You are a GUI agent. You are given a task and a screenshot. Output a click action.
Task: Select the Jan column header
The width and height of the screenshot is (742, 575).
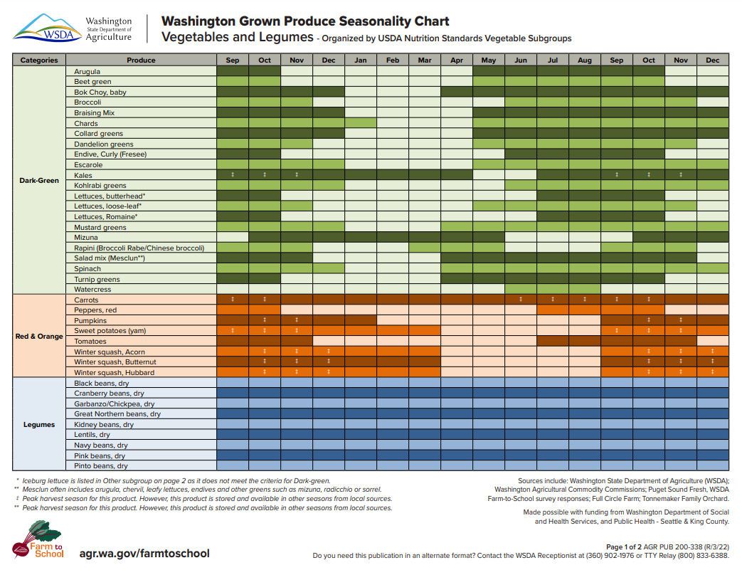tap(361, 60)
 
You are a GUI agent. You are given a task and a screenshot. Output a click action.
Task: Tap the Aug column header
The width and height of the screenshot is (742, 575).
tap(585, 60)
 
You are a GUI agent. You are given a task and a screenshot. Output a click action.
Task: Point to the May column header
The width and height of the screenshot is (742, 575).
tap(489, 60)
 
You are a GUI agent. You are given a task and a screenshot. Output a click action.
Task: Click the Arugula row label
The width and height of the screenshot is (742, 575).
tap(88, 72)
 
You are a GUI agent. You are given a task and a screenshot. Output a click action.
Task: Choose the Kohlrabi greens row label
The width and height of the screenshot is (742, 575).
tap(100, 186)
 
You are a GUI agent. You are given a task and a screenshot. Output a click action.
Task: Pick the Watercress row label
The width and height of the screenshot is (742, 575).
tap(92, 290)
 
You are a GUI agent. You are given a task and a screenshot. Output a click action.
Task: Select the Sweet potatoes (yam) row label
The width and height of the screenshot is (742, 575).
tap(110, 331)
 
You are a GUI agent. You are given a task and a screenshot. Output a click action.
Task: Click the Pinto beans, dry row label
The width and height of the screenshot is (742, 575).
tap(101, 466)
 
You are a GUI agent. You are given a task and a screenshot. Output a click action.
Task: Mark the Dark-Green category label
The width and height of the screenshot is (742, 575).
tap(39, 181)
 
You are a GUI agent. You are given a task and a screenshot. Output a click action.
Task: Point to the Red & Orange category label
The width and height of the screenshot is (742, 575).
tap(39, 336)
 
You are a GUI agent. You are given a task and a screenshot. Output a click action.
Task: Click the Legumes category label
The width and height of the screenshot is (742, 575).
tap(39, 425)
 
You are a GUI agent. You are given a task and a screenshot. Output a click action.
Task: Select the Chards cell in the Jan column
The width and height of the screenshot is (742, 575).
tap(361, 123)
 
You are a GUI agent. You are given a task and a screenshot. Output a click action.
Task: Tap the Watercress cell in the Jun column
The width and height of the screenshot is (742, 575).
tap(521, 290)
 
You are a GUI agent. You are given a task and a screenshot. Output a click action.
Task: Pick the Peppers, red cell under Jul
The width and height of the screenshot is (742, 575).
tap(553, 310)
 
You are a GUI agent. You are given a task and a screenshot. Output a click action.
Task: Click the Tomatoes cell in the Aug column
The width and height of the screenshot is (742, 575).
tap(585, 342)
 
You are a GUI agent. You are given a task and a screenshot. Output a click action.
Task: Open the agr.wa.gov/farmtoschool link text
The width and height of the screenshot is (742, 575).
tap(144, 553)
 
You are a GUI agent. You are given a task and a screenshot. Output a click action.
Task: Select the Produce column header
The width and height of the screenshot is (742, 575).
tap(141, 60)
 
